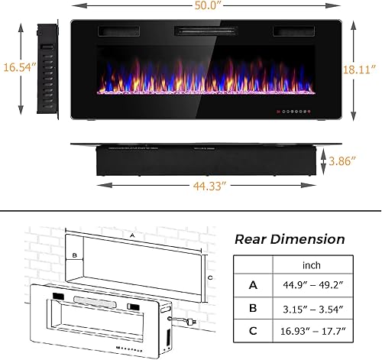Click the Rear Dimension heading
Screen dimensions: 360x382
[290, 239]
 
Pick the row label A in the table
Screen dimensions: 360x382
[252, 286]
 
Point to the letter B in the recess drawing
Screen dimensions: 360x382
[75, 255]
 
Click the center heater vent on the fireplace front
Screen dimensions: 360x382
[204, 31]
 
